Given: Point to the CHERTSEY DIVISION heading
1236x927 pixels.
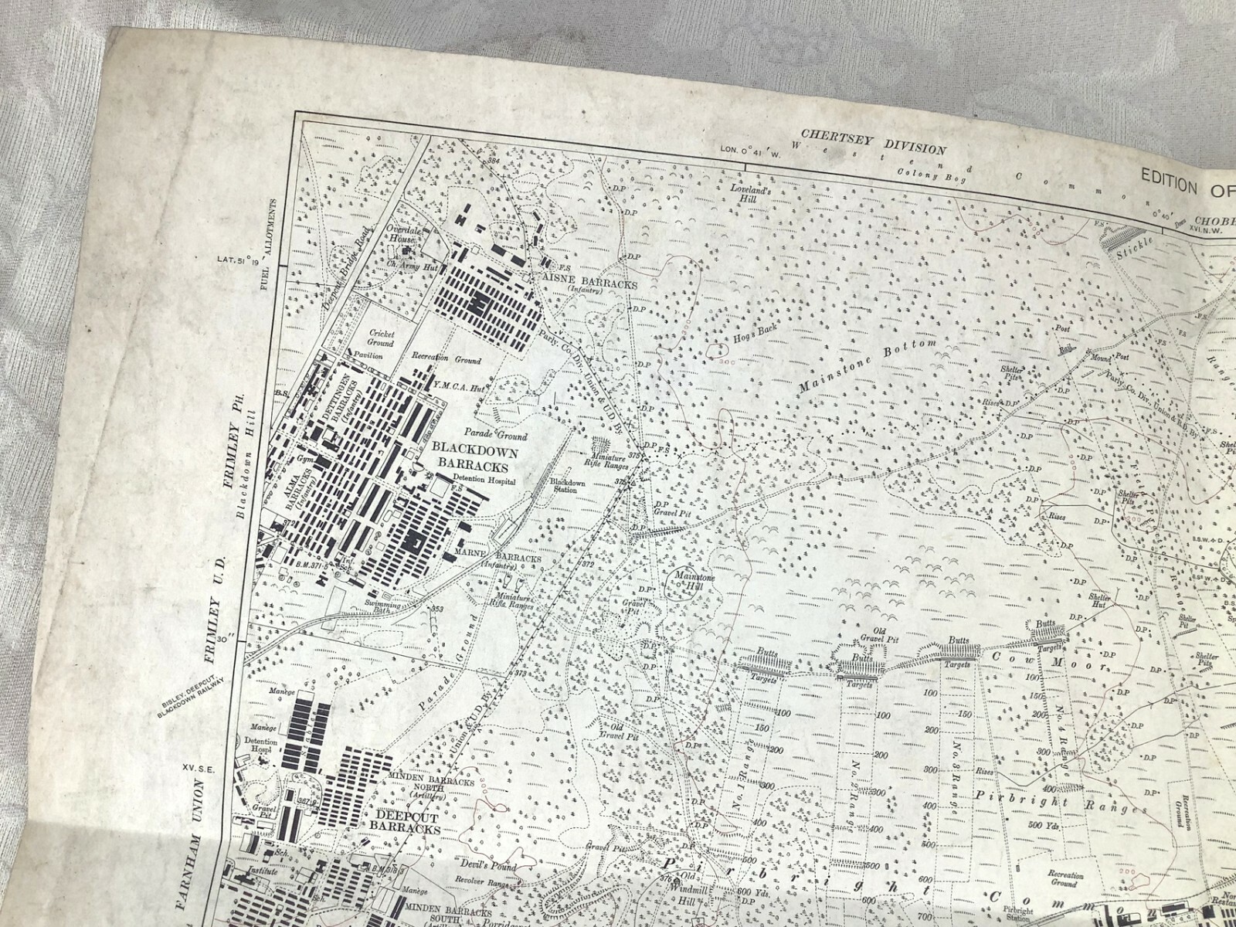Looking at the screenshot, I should pos(874,145).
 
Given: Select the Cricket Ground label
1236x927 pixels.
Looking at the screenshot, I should pos(382,338).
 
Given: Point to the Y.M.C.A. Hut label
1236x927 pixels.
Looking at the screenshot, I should pos(458,389).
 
